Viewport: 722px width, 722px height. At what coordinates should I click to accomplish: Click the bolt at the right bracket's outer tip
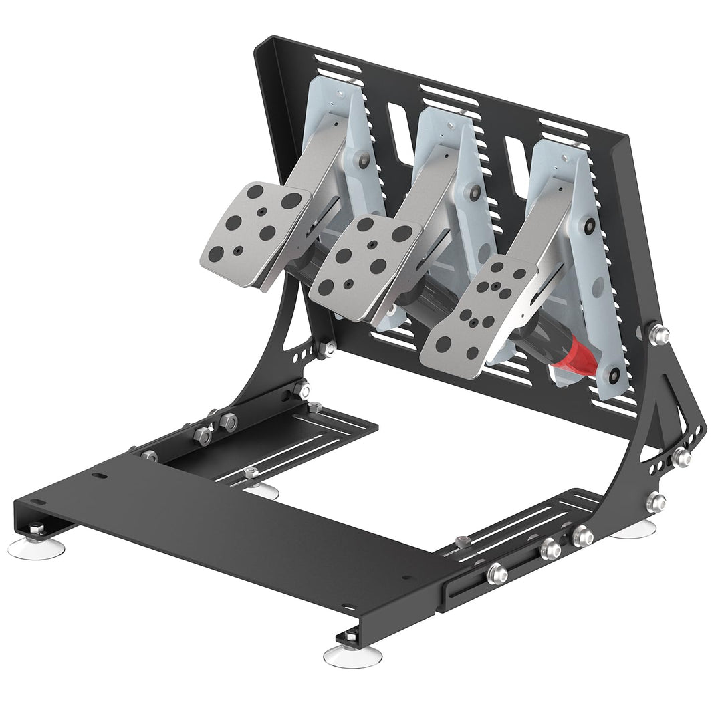[681, 457]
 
